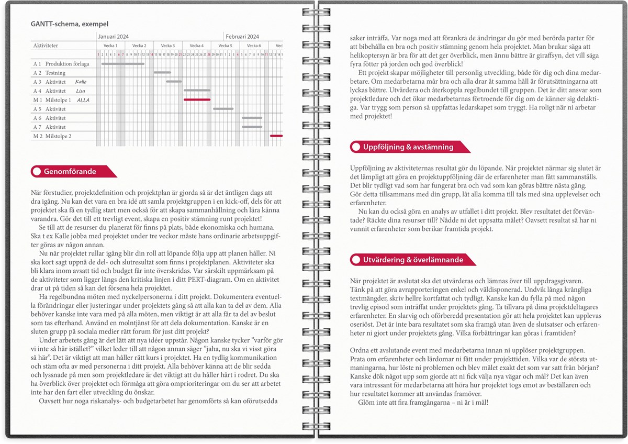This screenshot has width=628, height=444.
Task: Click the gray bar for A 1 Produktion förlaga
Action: (x=122, y=64)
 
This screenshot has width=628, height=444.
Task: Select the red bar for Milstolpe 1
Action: (x=197, y=99)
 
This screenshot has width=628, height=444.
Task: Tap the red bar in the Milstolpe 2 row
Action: (x=276, y=136)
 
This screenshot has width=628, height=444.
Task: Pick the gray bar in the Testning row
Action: (x=162, y=73)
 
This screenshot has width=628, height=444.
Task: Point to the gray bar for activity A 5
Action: (x=223, y=109)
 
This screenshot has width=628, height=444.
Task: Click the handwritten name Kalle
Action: (x=81, y=82)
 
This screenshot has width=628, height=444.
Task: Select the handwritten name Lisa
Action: (x=81, y=91)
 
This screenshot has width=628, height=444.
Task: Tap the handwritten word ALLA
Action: (x=83, y=99)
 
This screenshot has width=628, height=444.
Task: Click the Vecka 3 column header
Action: (x=168, y=46)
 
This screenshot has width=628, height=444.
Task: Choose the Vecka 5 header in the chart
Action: (x=226, y=46)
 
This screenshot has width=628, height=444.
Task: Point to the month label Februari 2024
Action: (x=242, y=37)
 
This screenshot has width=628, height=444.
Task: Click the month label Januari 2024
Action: (x=114, y=37)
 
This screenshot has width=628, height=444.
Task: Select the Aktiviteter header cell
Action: (x=46, y=46)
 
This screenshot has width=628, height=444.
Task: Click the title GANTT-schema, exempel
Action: (x=66, y=24)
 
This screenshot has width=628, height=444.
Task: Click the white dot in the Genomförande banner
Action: (x=37, y=171)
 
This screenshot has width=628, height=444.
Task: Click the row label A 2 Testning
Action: (x=49, y=73)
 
